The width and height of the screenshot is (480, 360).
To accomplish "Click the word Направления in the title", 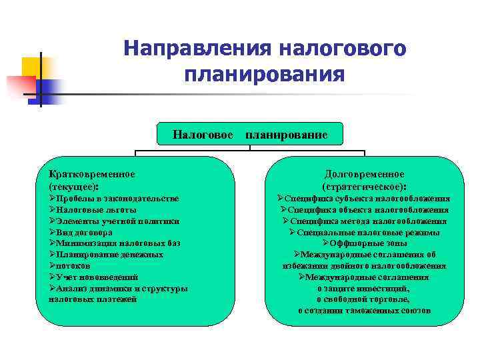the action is tap(194, 49).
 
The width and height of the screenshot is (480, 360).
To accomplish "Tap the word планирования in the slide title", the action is tap(265, 73).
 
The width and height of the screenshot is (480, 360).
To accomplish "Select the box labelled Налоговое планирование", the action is tap(249, 135).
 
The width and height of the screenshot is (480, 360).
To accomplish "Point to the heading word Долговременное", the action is tap(365, 174).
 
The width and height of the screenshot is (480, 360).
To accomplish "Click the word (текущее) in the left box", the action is tap(73, 187).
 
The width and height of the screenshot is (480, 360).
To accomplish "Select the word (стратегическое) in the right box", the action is tap(364, 187).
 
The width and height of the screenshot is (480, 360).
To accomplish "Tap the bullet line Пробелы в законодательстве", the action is tap(114, 199).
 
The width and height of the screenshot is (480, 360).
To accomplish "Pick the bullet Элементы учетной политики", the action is tap(114, 221).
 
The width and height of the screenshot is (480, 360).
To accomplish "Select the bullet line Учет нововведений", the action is tap(93, 277).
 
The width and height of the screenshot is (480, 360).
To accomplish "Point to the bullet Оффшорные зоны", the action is tap(365, 243).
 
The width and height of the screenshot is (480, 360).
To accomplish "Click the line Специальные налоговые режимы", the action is tap(365, 233).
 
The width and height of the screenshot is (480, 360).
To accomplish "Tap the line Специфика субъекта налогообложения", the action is tap(365, 199).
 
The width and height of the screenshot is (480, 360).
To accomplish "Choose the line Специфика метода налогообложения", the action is tap(365, 221).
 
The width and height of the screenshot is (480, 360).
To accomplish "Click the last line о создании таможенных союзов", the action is tap(365, 311).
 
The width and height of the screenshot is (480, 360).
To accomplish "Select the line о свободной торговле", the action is tap(365, 299).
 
